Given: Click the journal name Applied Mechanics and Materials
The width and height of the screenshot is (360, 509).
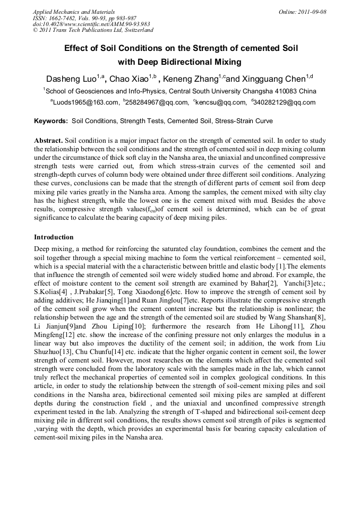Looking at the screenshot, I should [x=74, y=12].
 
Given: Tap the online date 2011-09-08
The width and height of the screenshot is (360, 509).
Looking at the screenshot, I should [x=310, y=12].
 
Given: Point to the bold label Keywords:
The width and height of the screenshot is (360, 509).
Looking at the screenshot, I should [x=51, y=121].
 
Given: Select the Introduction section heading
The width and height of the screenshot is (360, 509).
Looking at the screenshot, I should [x=54, y=237].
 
